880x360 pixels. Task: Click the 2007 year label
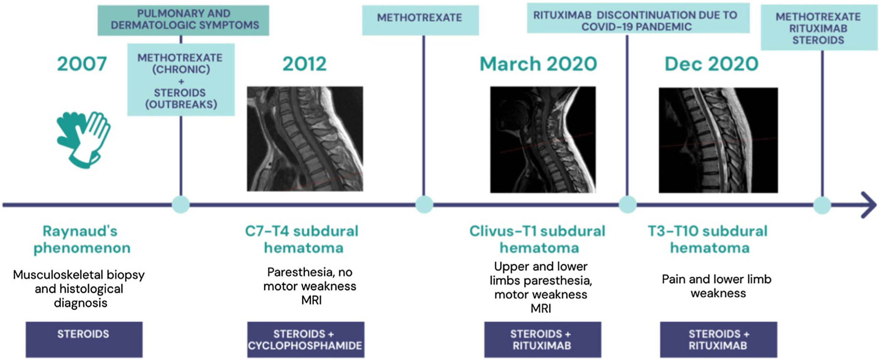82,64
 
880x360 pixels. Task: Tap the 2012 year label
304,64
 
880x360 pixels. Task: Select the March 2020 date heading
539,64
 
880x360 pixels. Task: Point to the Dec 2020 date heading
711,64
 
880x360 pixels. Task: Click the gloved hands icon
84,140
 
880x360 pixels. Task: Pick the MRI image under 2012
305,139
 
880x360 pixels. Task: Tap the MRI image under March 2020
543,139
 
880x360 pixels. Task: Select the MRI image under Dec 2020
718,140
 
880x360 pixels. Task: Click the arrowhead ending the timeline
869,205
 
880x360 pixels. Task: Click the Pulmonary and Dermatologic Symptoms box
184,20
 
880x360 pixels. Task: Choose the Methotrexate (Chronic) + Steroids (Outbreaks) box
181,80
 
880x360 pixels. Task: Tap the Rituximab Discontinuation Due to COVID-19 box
638,18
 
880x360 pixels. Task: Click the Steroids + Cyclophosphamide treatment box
306,340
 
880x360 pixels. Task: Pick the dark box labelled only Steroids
84,340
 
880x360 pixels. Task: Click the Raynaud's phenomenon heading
82,239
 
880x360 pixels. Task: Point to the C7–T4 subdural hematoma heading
302,239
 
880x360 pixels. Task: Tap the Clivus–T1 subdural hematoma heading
538,239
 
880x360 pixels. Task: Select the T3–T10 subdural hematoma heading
708,239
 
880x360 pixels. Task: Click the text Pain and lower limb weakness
717,286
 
